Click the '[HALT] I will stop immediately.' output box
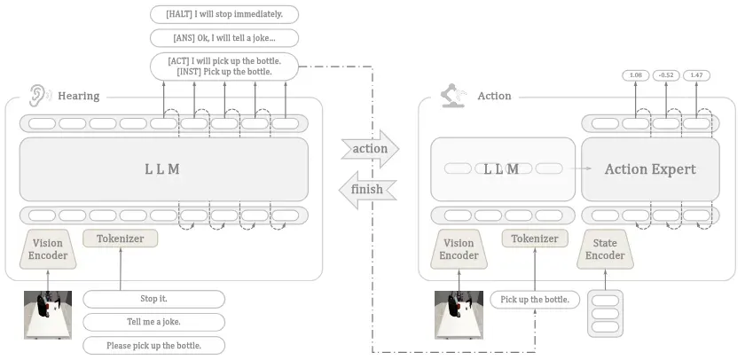224,14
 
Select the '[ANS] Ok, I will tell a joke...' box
224,38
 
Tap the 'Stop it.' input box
154,299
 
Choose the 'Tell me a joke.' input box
154,322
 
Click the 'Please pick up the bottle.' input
154,345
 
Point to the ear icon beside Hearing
39,96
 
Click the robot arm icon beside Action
453,96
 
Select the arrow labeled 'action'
370,149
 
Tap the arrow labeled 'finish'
368,190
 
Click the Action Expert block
650,169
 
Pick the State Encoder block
605,250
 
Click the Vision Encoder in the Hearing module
48,250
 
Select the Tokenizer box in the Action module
535,239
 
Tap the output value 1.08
636,75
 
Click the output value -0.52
666,75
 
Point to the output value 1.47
696,75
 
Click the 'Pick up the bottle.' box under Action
535,300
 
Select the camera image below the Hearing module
48,315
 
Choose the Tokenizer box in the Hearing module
121,239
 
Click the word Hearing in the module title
78,96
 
